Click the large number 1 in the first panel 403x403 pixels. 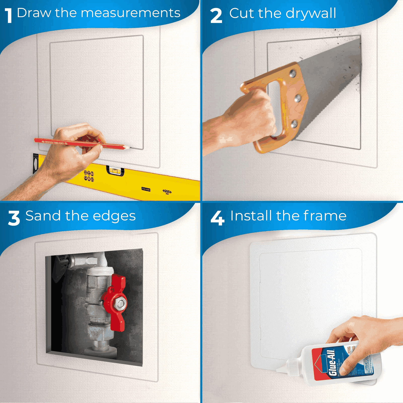(9, 16)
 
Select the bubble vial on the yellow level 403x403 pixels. (115, 171)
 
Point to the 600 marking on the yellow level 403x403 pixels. (167, 192)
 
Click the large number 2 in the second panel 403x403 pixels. (216, 16)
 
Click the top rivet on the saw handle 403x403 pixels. (292, 74)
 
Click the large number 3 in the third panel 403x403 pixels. (14, 218)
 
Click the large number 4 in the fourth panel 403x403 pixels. (217, 218)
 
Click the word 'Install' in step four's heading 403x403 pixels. (251, 216)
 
